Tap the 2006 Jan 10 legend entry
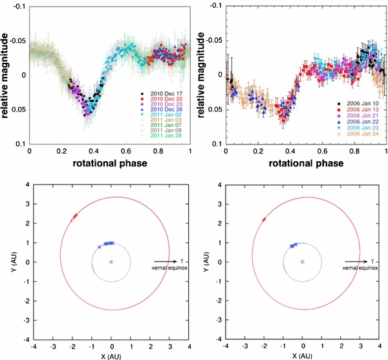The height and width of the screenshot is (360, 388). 358,104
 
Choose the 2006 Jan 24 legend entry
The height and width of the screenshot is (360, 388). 358,135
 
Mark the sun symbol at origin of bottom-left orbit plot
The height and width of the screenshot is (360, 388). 111,262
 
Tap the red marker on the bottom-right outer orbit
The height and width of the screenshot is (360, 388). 264,220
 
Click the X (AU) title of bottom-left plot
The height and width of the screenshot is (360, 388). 111,355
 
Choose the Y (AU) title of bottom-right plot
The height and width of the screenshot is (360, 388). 200,262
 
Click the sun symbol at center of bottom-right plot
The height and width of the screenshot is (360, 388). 302,262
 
